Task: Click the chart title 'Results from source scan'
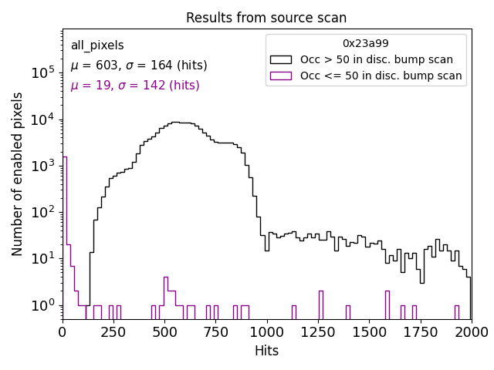(266, 18)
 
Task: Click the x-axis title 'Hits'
(266, 351)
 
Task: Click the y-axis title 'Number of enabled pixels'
(18, 173)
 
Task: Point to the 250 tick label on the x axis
(113, 331)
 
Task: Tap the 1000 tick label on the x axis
(266, 331)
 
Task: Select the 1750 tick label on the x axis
(419, 331)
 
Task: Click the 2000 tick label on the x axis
(470, 331)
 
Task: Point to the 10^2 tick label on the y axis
(42, 212)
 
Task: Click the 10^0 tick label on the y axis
(42, 305)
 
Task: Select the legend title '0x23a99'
(366, 44)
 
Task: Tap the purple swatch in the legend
(281, 76)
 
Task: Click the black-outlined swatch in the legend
(281, 59)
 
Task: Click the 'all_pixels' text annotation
(97, 45)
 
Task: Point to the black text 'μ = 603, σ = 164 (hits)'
(139, 66)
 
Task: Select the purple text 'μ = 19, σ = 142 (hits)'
(135, 86)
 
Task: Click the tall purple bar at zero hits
(65, 231)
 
